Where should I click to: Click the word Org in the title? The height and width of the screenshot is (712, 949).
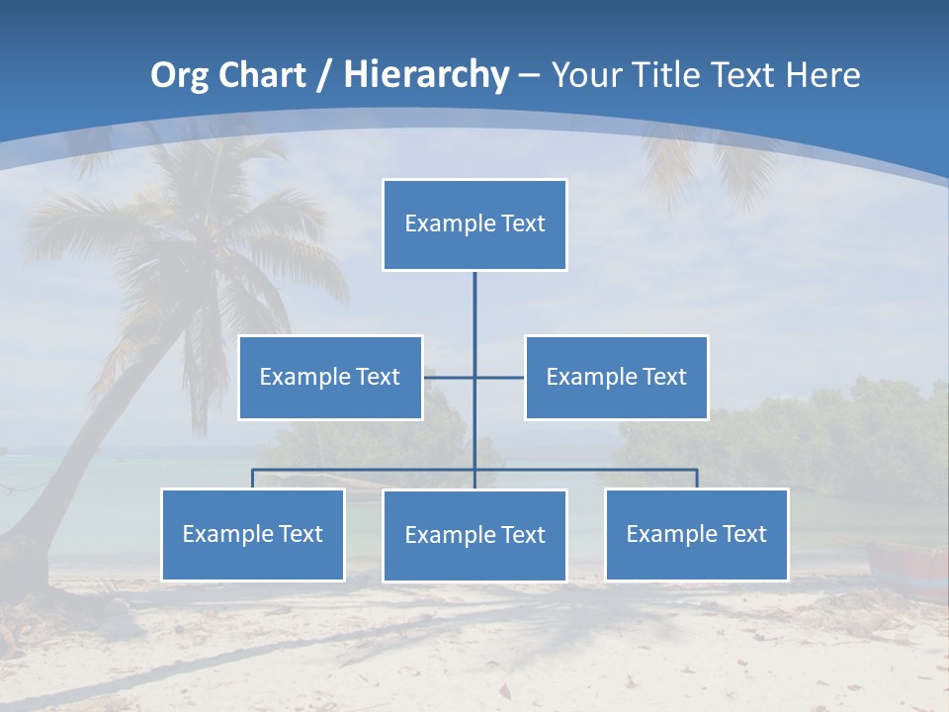(x=180, y=75)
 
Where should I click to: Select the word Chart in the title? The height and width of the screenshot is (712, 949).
(x=257, y=75)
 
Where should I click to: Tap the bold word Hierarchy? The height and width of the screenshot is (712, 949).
(x=426, y=75)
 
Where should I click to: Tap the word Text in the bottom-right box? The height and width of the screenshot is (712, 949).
(x=743, y=534)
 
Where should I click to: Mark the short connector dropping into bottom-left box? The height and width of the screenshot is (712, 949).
(x=252, y=479)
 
